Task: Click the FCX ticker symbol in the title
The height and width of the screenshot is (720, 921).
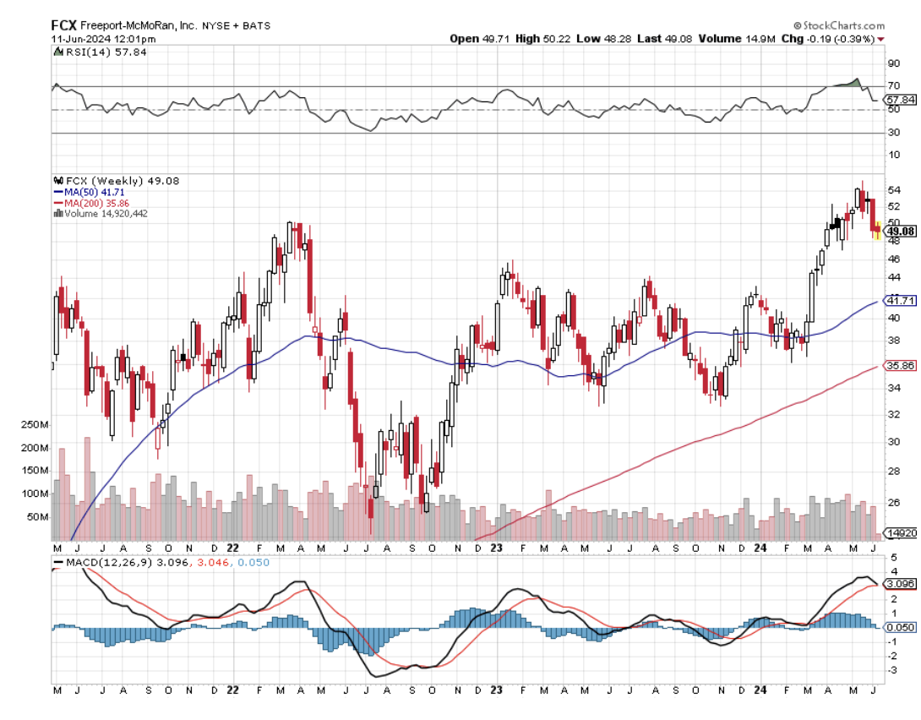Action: point(64,25)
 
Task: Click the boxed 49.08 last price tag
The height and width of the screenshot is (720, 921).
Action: point(900,231)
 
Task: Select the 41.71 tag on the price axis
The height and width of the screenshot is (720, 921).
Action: point(898,300)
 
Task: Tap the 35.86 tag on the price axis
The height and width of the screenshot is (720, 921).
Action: point(898,366)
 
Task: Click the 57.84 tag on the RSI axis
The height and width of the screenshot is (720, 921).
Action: point(898,100)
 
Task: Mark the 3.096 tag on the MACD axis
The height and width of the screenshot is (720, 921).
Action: point(898,584)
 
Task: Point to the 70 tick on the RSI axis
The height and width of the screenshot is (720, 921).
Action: point(892,85)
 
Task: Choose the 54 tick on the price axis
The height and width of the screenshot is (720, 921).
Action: point(892,189)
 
